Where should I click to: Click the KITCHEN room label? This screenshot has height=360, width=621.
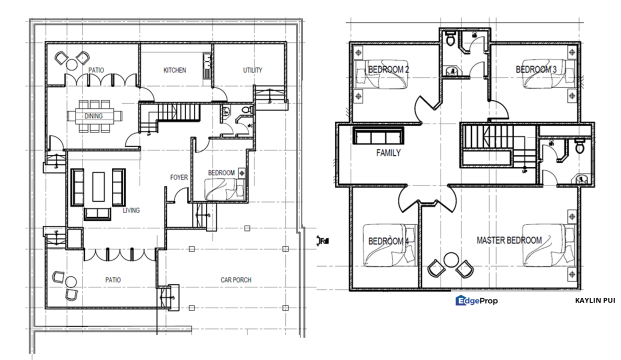(x=174, y=70)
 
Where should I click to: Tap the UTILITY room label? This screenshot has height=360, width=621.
(x=252, y=70)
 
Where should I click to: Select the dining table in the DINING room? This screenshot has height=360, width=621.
(x=94, y=116)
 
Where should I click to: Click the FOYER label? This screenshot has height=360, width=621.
(x=179, y=177)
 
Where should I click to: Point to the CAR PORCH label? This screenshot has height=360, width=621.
(x=236, y=280)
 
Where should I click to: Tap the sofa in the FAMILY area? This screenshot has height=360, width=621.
(x=378, y=136)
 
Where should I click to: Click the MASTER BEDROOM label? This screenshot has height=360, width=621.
(x=509, y=240)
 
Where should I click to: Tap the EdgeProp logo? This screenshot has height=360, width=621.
(x=476, y=300)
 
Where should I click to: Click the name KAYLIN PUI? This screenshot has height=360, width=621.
(x=595, y=300)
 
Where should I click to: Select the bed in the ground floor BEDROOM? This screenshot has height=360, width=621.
(x=225, y=189)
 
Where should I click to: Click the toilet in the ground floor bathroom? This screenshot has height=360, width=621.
(x=245, y=110)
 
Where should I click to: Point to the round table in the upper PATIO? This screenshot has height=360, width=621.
(x=72, y=64)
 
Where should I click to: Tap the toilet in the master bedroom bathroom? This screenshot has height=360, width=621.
(x=579, y=146)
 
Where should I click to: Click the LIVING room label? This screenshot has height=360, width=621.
(x=131, y=210)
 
